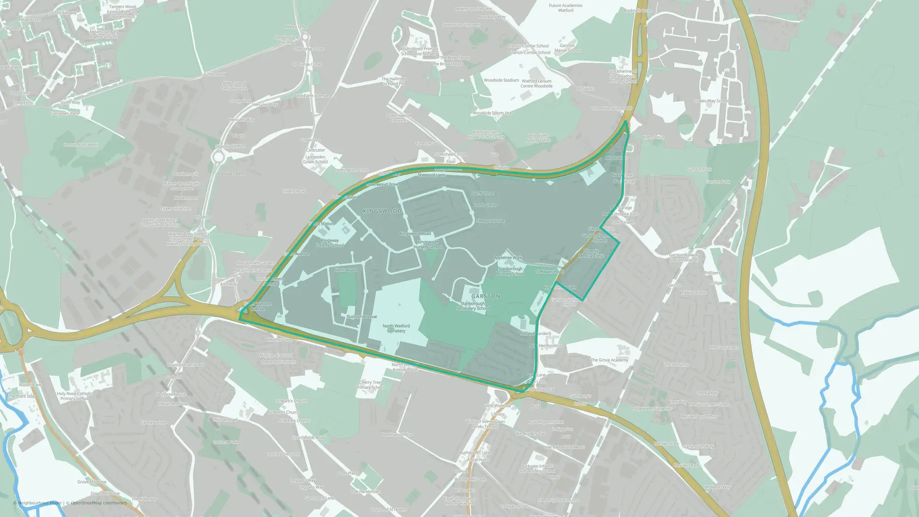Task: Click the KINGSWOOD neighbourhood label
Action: [x=382, y=211]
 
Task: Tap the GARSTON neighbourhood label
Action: [x=485, y=296]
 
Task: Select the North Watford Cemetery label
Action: [x=396, y=328]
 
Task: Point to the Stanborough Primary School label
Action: [x=510, y=271]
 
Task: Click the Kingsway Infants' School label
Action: [x=329, y=243]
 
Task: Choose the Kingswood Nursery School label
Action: [x=428, y=244]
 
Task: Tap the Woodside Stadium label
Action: [x=501, y=80]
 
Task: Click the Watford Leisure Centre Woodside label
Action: [x=536, y=83]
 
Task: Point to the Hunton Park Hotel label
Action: [x=81, y=145]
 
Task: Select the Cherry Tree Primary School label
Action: [x=370, y=385]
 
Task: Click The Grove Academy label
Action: [x=609, y=360]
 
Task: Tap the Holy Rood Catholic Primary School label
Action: [x=74, y=396]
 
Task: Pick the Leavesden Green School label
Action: [x=315, y=159]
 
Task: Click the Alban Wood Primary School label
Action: [x=419, y=51]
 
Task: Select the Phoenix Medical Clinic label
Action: [x=591, y=253]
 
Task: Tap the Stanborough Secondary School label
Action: [x=472, y=306]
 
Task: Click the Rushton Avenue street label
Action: [x=362, y=317]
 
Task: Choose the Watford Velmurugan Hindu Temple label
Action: [x=485, y=424]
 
